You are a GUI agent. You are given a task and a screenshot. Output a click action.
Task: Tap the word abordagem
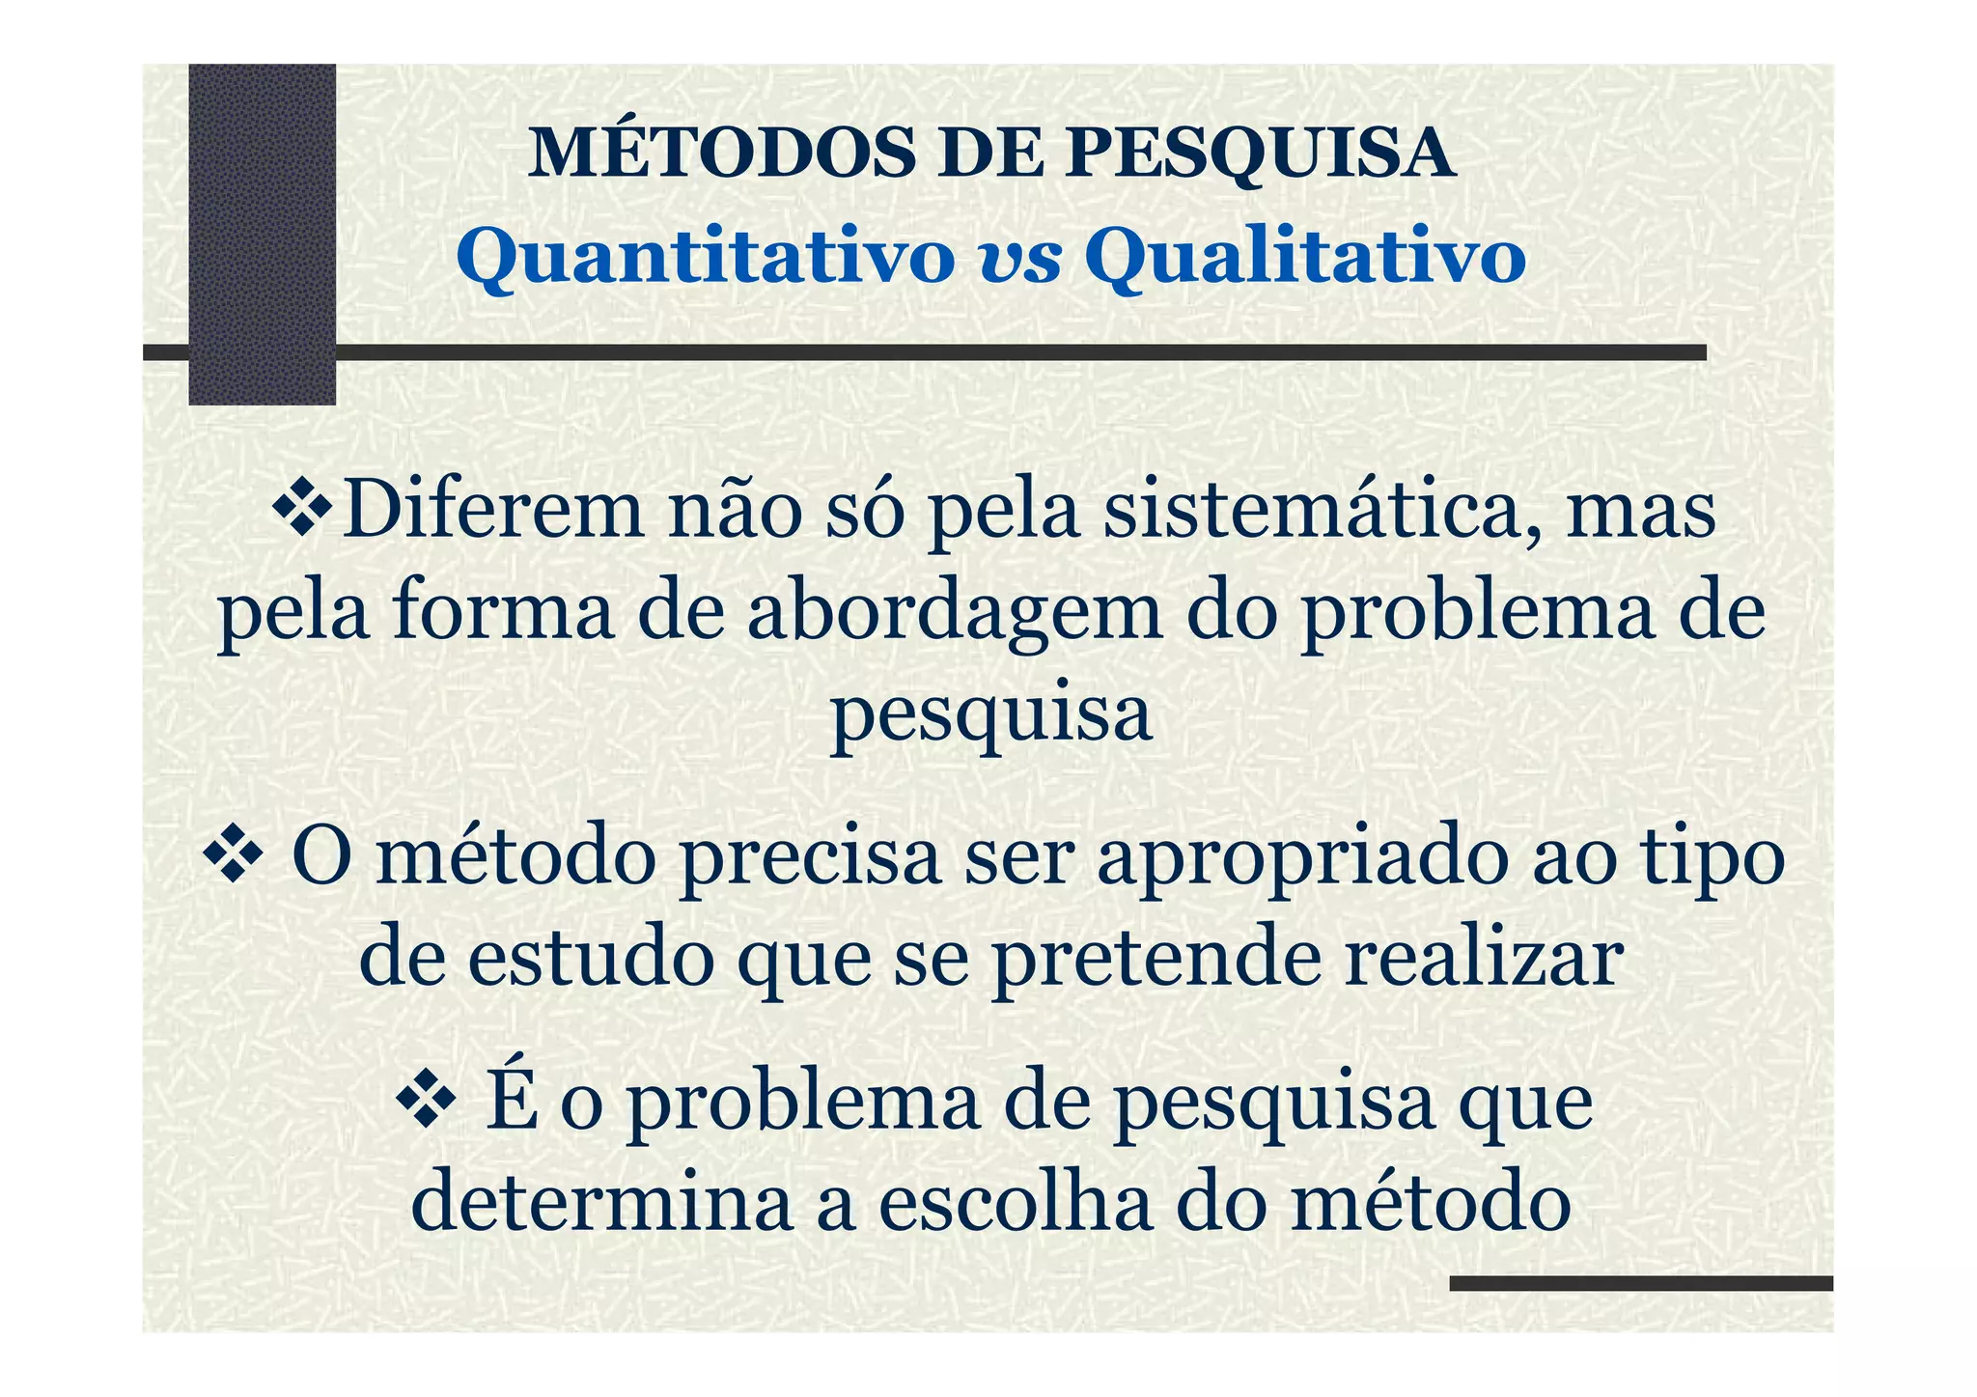coord(955,615)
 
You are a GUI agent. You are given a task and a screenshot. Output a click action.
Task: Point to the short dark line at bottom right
coord(1640,1283)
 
